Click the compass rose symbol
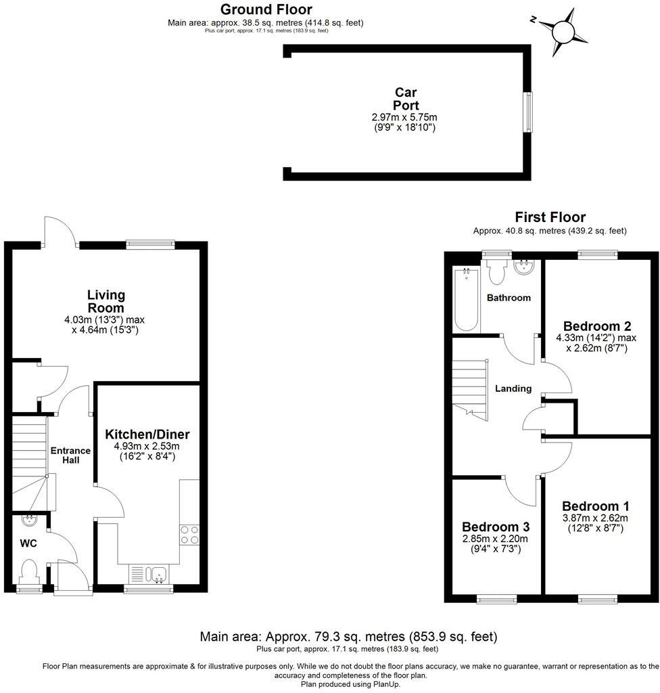click(x=563, y=30)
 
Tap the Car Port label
click(x=406, y=99)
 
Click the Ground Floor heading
click(x=266, y=9)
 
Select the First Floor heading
click(x=550, y=217)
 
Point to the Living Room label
click(x=106, y=301)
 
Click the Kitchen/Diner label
click(x=147, y=434)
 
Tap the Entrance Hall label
click(x=71, y=455)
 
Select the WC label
click(x=28, y=543)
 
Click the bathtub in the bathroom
click(x=466, y=299)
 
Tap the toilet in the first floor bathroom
click(x=497, y=271)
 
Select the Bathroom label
click(x=509, y=298)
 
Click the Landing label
click(x=513, y=388)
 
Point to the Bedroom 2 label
click(x=592, y=324)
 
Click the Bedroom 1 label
click(x=595, y=506)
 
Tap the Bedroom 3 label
click(x=496, y=527)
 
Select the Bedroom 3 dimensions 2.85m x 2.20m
click(x=496, y=539)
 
